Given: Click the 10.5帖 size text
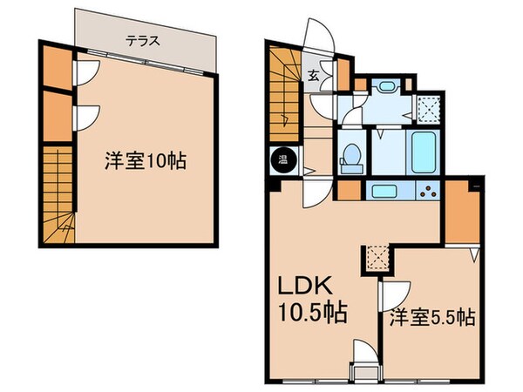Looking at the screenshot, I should tap(309, 312).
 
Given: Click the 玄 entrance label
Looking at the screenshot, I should tap(312, 76).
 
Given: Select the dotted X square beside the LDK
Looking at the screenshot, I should tap(377, 256).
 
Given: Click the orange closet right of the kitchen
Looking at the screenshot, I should tap(462, 214).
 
